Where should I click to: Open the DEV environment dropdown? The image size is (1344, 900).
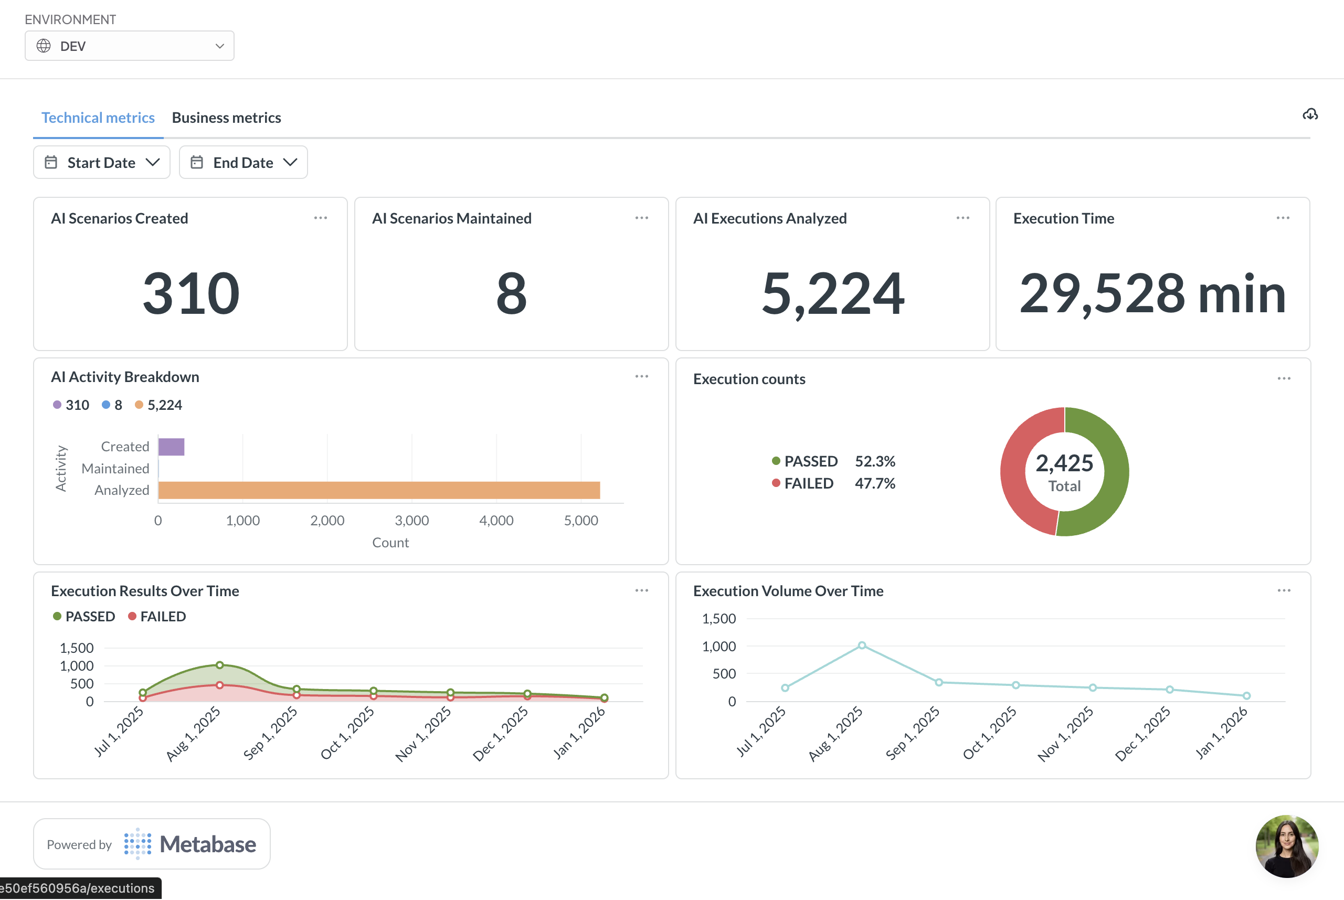tap(129, 46)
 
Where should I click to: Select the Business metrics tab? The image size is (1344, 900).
tap(226, 118)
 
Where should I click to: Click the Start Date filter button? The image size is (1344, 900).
tap(102, 163)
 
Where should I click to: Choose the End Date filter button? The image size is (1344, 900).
tap(244, 163)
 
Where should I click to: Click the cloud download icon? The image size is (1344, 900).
tap(1309, 114)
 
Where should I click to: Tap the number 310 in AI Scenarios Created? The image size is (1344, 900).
tap(191, 293)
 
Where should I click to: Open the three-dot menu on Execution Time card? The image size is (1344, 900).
tap(1283, 218)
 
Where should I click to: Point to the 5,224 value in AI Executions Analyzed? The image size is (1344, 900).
tap(833, 293)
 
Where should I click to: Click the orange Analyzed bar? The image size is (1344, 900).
tap(379, 490)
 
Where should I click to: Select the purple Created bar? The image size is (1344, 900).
tap(171, 447)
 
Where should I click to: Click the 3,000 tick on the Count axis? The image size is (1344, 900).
tap(411, 521)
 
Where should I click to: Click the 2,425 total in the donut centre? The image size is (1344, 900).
tap(1064, 463)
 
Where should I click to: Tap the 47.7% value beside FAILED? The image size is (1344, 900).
tap(875, 483)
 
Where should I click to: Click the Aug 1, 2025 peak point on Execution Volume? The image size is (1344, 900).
tap(862, 645)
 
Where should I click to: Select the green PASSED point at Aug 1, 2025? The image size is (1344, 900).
tap(220, 665)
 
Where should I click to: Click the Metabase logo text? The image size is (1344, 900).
tap(208, 844)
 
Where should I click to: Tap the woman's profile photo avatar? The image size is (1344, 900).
tap(1287, 846)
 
